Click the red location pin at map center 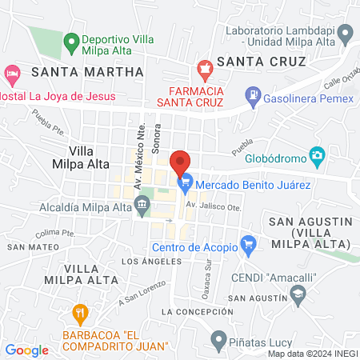181,161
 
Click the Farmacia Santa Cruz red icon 206,69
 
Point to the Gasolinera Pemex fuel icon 254,96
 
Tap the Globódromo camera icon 318,154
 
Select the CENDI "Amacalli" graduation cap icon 298,296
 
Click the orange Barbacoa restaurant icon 79,312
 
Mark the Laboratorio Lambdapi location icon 346,34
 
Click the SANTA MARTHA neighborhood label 87,71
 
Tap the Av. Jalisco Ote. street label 212,206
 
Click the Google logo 26,350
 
